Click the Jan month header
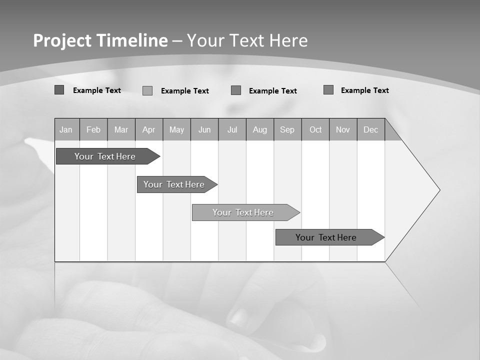[66, 129]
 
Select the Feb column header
[93, 129]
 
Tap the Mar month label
[121, 129]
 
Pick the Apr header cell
[148, 129]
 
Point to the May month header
[176, 129]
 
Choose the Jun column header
[204, 129]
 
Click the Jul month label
[232, 129]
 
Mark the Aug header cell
[260, 129]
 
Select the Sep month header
[287, 129]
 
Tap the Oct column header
[315, 129]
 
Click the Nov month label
[343, 129]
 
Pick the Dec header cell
[370, 129]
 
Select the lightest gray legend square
[147, 90]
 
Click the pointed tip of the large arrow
[439, 190]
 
